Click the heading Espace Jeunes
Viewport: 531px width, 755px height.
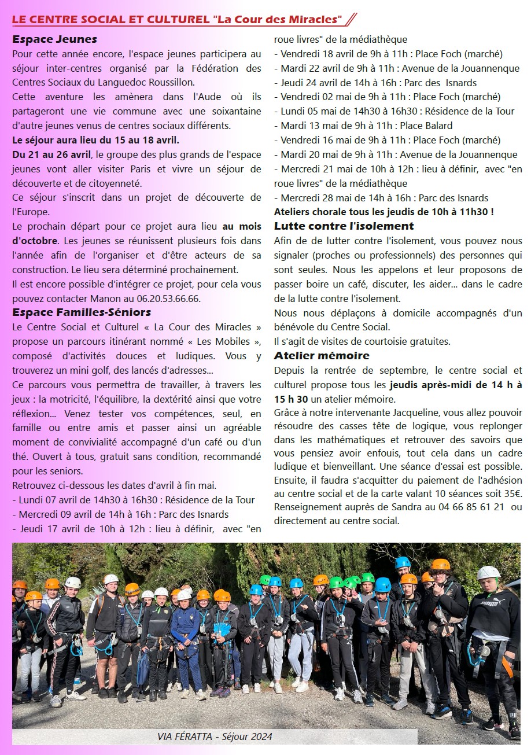[x=54, y=40]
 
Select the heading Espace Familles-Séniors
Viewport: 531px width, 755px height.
[x=82, y=312]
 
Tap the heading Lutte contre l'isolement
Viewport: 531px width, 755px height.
[x=344, y=226]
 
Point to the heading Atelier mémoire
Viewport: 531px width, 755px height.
[x=322, y=355]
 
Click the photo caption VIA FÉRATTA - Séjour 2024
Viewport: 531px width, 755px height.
[x=215, y=736]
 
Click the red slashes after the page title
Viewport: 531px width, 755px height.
[x=350, y=19]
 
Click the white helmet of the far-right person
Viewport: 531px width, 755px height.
[x=489, y=573]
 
